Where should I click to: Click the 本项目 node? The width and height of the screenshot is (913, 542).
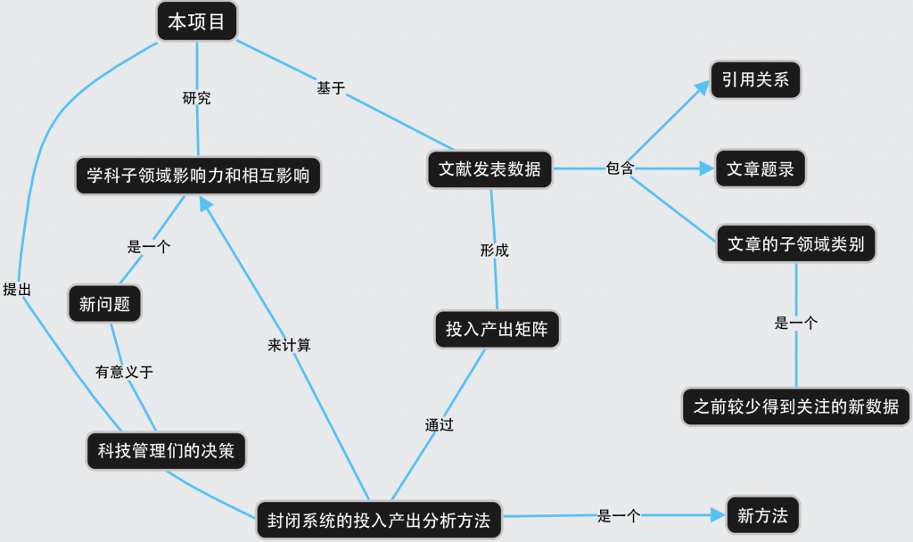point(197,22)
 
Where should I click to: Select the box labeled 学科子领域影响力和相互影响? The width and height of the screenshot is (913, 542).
point(198,175)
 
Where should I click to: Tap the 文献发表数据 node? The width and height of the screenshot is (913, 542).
point(489,168)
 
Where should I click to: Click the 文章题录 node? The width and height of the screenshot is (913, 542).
point(761,168)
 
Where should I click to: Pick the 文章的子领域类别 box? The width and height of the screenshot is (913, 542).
point(796,243)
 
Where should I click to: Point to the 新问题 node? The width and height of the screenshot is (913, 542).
point(104,304)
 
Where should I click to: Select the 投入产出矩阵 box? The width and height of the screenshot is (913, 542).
point(497,329)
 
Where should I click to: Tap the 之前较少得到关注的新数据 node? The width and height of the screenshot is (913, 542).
point(796,406)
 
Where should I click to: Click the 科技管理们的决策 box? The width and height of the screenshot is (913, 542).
point(166,451)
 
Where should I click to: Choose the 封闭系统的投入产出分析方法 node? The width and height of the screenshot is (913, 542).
point(379,520)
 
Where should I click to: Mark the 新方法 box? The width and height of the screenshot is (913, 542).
point(762,515)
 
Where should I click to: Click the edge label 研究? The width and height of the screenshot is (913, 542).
point(196,98)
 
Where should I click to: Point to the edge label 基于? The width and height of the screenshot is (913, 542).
point(331,88)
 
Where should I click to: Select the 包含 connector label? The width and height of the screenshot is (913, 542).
point(620,168)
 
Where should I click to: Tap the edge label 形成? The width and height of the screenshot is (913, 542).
point(494,250)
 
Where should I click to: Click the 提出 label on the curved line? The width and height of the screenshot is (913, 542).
point(17,289)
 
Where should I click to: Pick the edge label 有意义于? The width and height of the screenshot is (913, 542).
point(125,372)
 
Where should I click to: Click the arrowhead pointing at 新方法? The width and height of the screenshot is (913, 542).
point(716,515)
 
